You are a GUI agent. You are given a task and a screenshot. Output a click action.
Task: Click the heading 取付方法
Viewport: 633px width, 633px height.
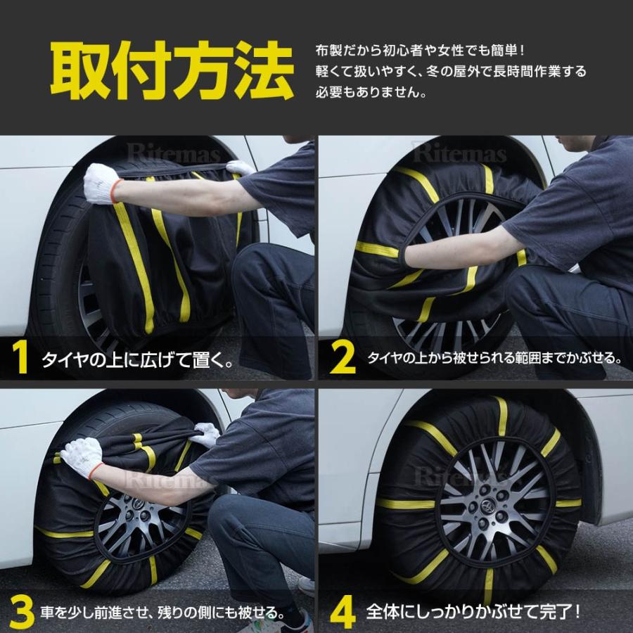tap(172, 72)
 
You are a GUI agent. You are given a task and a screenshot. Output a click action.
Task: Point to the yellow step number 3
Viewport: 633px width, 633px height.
tap(22, 613)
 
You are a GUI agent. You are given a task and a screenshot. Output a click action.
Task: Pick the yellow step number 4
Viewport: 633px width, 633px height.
tap(343, 613)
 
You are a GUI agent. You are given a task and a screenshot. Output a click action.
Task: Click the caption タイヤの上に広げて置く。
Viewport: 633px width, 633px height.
tap(137, 362)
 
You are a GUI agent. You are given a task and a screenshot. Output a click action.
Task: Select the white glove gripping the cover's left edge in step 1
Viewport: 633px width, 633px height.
tap(101, 183)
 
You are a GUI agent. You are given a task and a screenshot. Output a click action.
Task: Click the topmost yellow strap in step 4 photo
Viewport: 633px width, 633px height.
tap(501, 414)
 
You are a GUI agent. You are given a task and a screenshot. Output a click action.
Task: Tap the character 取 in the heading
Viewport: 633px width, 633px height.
tap(79, 72)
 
